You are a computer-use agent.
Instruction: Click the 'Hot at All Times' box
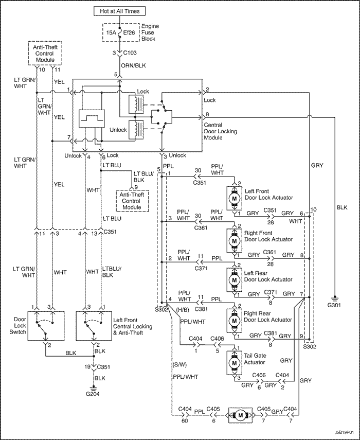pos(120,11)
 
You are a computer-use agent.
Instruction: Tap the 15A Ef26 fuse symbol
pos(120,32)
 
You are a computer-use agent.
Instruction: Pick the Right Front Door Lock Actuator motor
pos(234,240)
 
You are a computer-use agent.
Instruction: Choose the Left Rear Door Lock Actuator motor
pos(234,280)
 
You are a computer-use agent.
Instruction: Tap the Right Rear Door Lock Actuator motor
pos(234,320)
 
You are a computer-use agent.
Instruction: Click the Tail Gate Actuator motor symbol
pos(234,362)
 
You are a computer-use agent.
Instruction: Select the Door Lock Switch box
pos(46,326)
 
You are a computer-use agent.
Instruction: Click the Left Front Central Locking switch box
pos(95,326)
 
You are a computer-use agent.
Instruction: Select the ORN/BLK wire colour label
pos(133,66)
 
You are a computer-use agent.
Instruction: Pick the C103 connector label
pos(130,52)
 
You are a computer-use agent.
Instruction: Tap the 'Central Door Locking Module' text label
pos(221,131)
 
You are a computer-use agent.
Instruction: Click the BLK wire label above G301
pos(342,208)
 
